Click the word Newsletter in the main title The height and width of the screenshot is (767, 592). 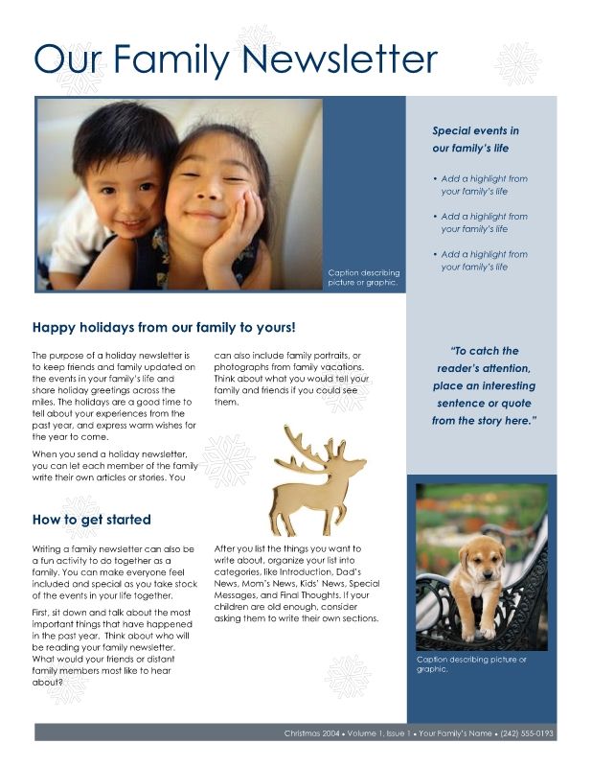pyautogui.click(x=340, y=59)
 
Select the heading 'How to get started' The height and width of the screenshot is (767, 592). pyautogui.click(x=91, y=520)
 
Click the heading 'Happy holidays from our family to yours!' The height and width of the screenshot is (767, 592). pyautogui.click(x=164, y=327)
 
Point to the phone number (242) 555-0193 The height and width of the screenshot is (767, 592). pyautogui.click(x=528, y=733)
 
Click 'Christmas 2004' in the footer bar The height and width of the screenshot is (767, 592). pyautogui.click(x=311, y=733)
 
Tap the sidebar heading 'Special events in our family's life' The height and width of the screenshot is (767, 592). pyautogui.click(x=475, y=140)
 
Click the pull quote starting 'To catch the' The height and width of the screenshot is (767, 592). pyautogui.click(x=484, y=385)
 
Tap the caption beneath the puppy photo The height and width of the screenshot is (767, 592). pyautogui.click(x=471, y=664)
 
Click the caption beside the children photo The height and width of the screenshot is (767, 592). pyautogui.click(x=363, y=278)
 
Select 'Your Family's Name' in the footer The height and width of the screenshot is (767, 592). pyautogui.click(x=455, y=733)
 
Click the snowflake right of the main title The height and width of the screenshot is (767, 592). pyautogui.click(x=517, y=62)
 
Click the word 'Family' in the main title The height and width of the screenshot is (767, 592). pyautogui.click(x=172, y=59)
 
